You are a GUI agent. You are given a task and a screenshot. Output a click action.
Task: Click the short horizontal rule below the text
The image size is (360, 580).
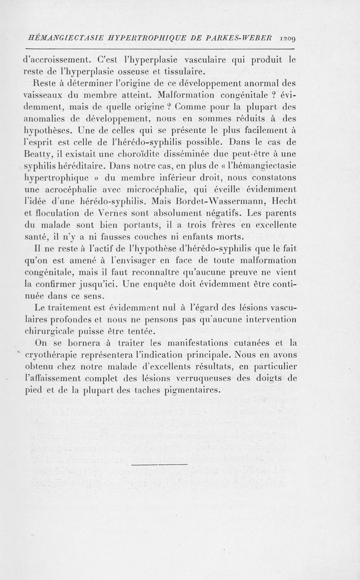(160, 464)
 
